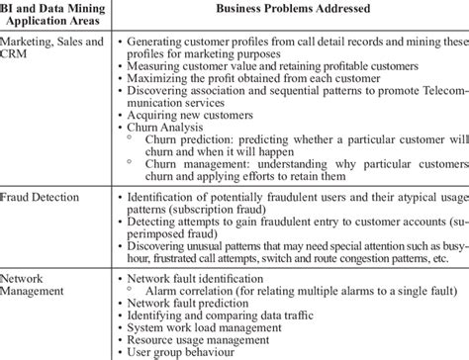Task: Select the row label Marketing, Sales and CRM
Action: click(54, 50)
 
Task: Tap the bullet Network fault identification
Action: click(194, 280)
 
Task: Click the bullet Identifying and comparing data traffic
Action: click(215, 316)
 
